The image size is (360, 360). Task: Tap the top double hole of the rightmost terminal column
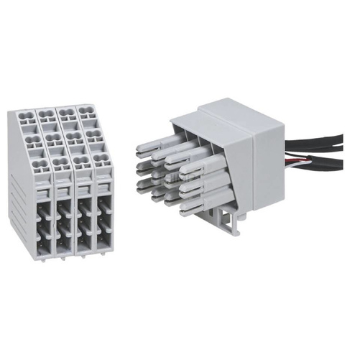[88, 112]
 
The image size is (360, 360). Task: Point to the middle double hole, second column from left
[52, 139]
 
